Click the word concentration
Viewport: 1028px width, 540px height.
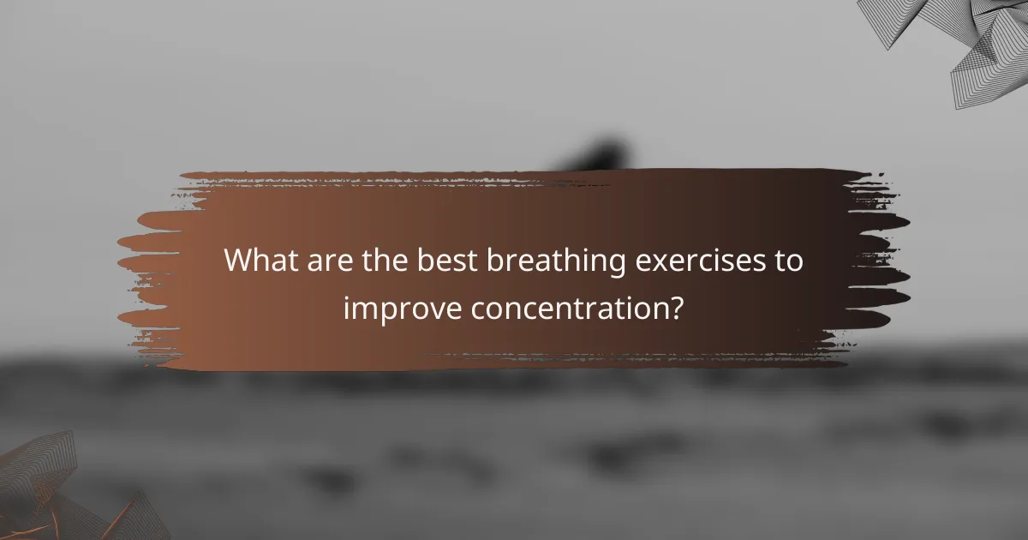pyautogui.click(x=566, y=307)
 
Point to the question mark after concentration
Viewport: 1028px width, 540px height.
pyautogui.click(x=676, y=307)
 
